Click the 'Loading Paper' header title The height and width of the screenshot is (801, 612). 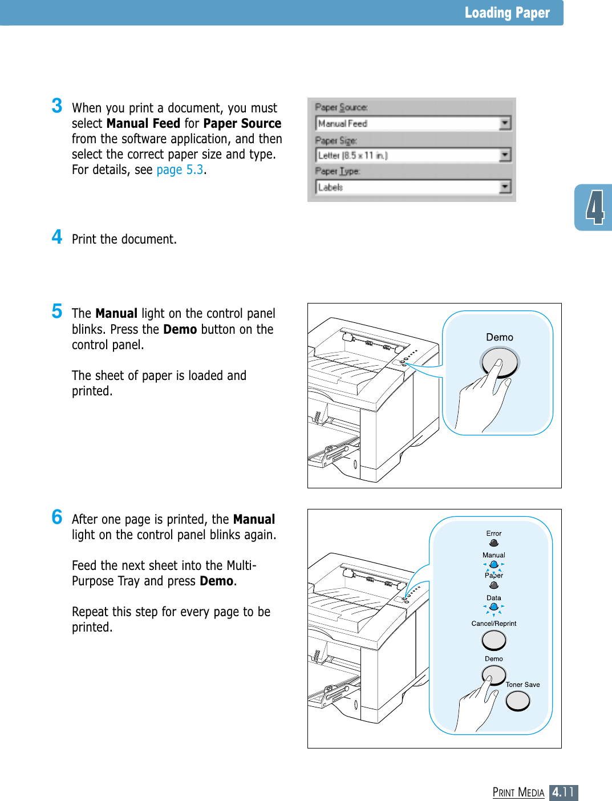[x=506, y=13]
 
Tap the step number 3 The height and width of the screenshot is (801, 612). [x=57, y=106]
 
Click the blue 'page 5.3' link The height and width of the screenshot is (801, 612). [x=180, y=170]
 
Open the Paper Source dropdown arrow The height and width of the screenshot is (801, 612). [x=505, y=123]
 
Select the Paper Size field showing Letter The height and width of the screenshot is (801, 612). [x=407, y=155]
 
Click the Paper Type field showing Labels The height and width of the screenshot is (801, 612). [x=407, y=187]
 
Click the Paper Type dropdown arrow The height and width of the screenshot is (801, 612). [x=505, y=187]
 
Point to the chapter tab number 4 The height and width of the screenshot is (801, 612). [x=595, y=208]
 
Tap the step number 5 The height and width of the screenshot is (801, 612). [x=57, y=311]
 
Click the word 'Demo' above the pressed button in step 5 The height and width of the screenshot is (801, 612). [x=500, y=337]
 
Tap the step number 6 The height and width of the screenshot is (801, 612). [x=57, y=517]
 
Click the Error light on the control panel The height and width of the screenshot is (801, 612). [x=494, y=543]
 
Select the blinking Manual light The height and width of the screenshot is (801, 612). [x=494, y=565]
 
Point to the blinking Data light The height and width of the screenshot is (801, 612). [x=494, y=607]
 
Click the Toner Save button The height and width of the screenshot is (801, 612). [x=518, y=701]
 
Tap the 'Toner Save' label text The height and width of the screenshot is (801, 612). [x=522, y=685]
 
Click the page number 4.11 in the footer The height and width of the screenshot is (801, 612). [x=564, y=792]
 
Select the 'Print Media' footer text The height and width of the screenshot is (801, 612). [x=518, y=792]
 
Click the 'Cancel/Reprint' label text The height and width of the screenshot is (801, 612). [x=494, y=624]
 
